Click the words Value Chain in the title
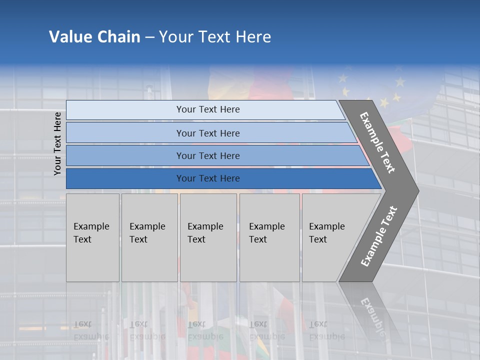94,37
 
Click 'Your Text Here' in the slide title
215,37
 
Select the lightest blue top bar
125,109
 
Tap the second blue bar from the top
125,133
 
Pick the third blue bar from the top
125,155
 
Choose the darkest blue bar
125,178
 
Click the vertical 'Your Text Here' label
58,143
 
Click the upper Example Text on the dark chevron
377,142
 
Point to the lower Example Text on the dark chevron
379,236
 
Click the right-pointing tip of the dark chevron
415,190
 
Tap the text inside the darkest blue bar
208,178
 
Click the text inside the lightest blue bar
208,109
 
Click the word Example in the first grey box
91,226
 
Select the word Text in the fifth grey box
318,239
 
